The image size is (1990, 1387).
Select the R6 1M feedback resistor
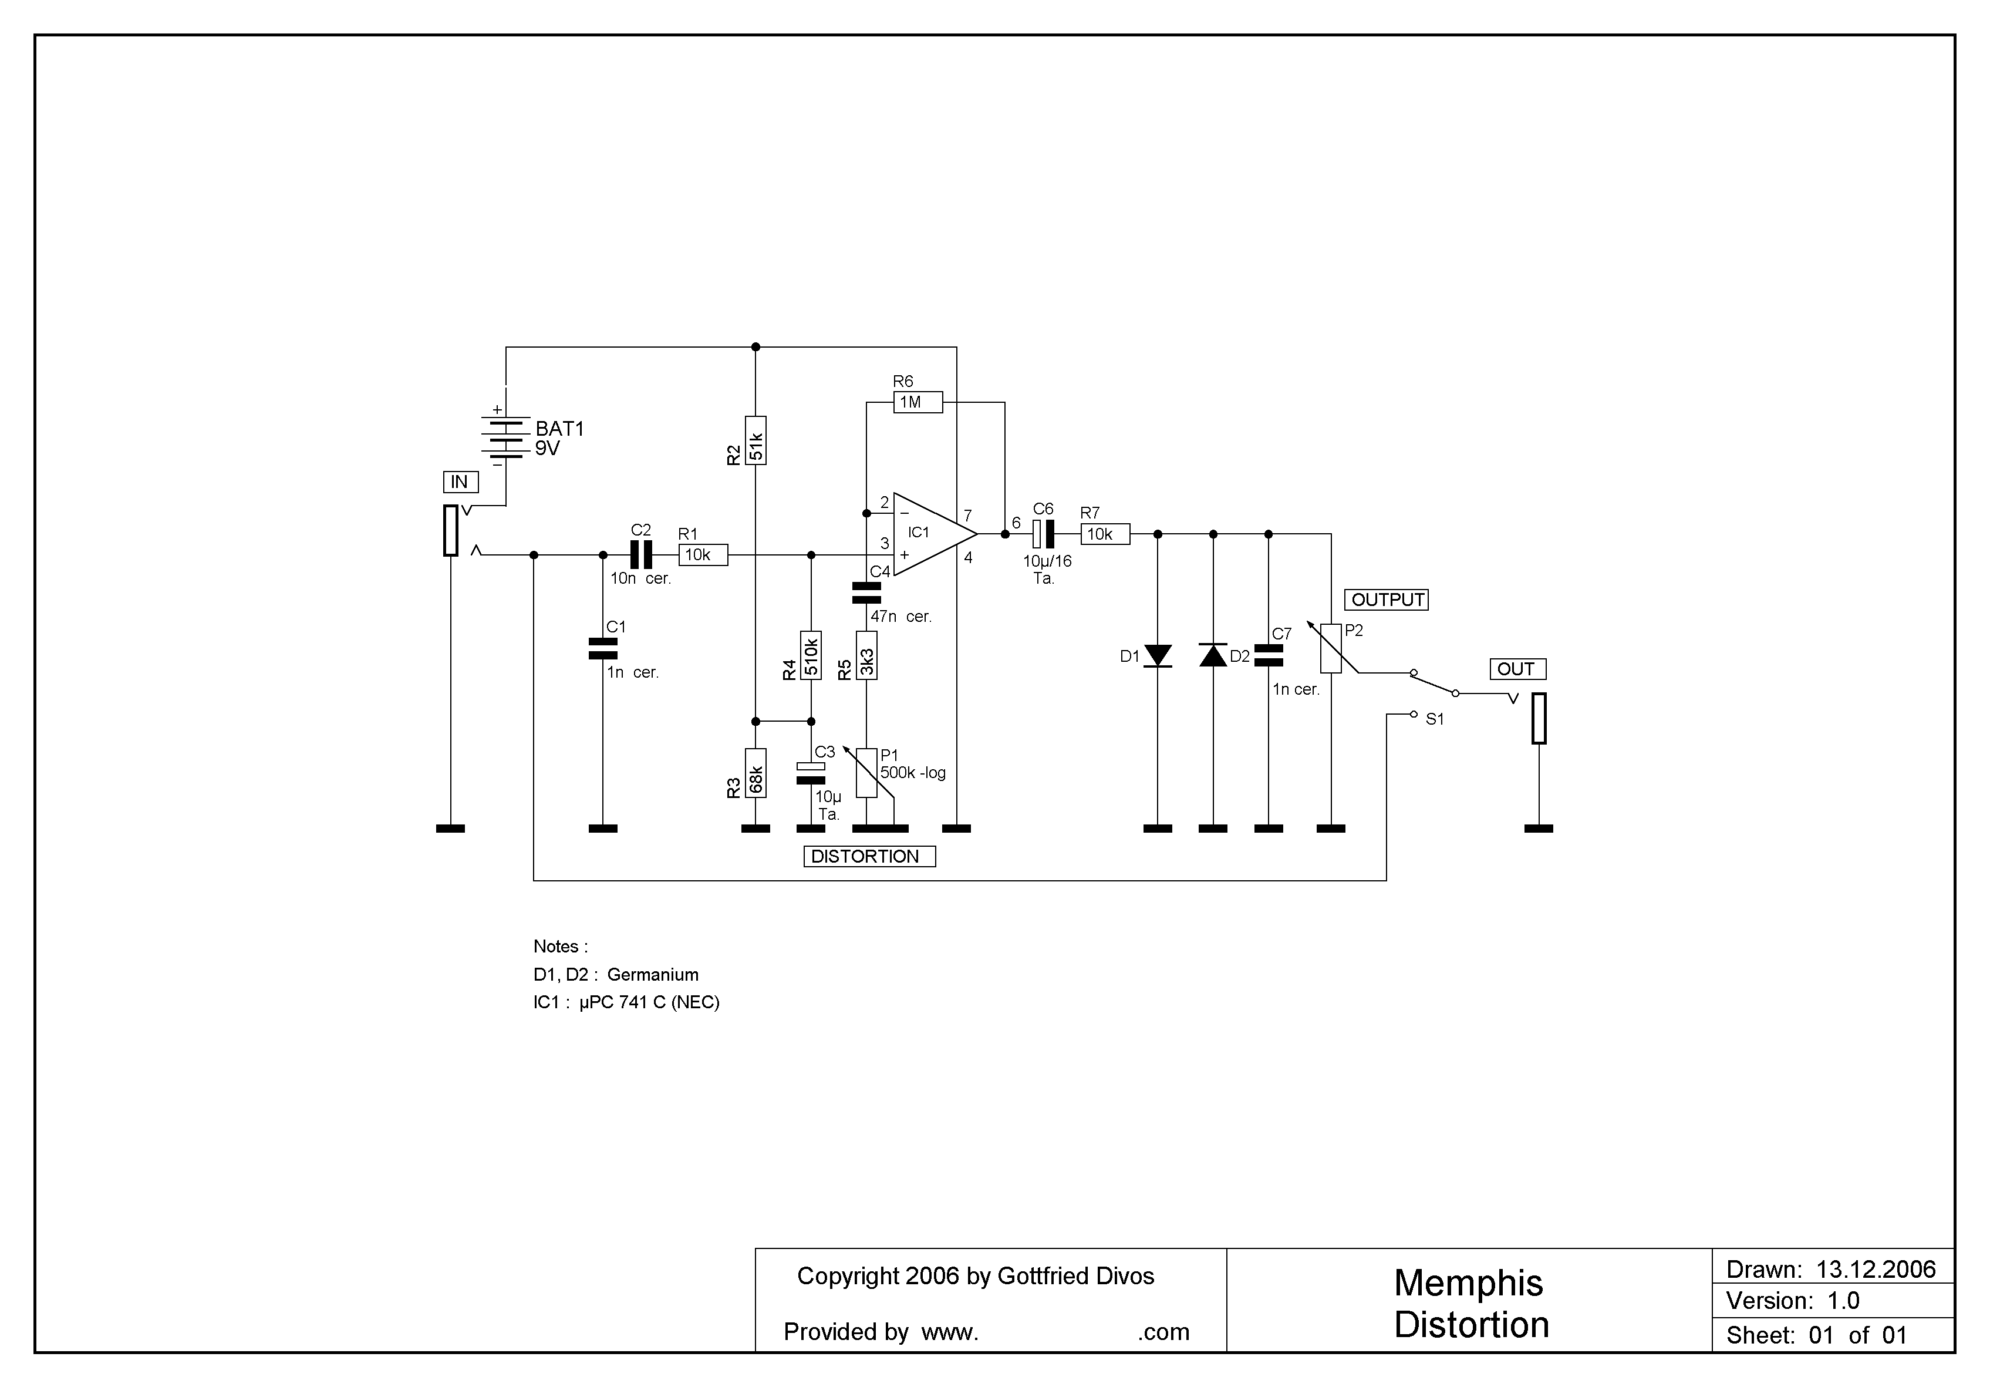click(x=918, y=402)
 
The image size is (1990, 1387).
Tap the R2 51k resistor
click(x=755, y=440)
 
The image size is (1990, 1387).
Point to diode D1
click(x=1158, y=657)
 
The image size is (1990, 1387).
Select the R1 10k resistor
click(x=703, y=555)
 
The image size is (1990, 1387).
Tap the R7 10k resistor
click(x=1105, y=534)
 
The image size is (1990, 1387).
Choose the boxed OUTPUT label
click(x=1387, y=600)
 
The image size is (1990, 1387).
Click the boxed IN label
click(x=460, y=482)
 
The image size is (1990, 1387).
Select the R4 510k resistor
click(x=811, y=655)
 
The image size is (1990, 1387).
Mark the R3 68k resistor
click(x=755, y=773)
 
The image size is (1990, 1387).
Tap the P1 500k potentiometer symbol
click(x=866, y=773)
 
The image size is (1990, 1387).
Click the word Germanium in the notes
click(x=653, y=974)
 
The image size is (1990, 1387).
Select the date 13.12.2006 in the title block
click(x=1876, y=1270)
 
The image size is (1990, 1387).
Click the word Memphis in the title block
click(x=1468, y=1284)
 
